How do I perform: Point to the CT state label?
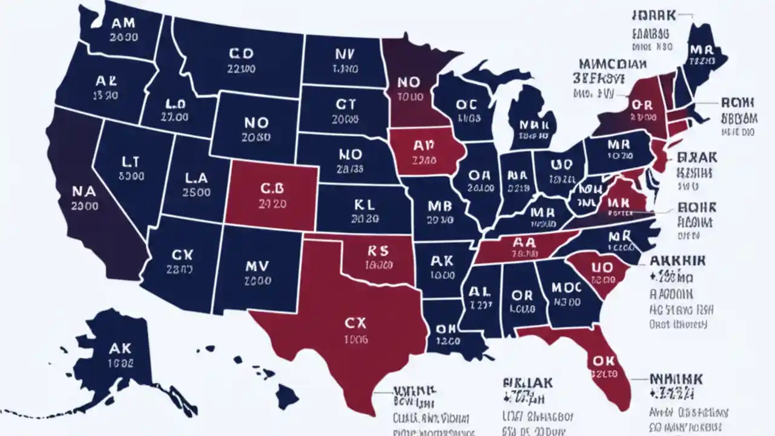click(x=345, y=104)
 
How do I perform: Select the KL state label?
click(x=366, y=203)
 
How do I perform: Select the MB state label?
click(x=440, y=205)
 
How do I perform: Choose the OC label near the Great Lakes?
click(x=467, y=104)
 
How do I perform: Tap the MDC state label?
click(x=567, y=286)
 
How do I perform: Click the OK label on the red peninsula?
click(x=604, y=360)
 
